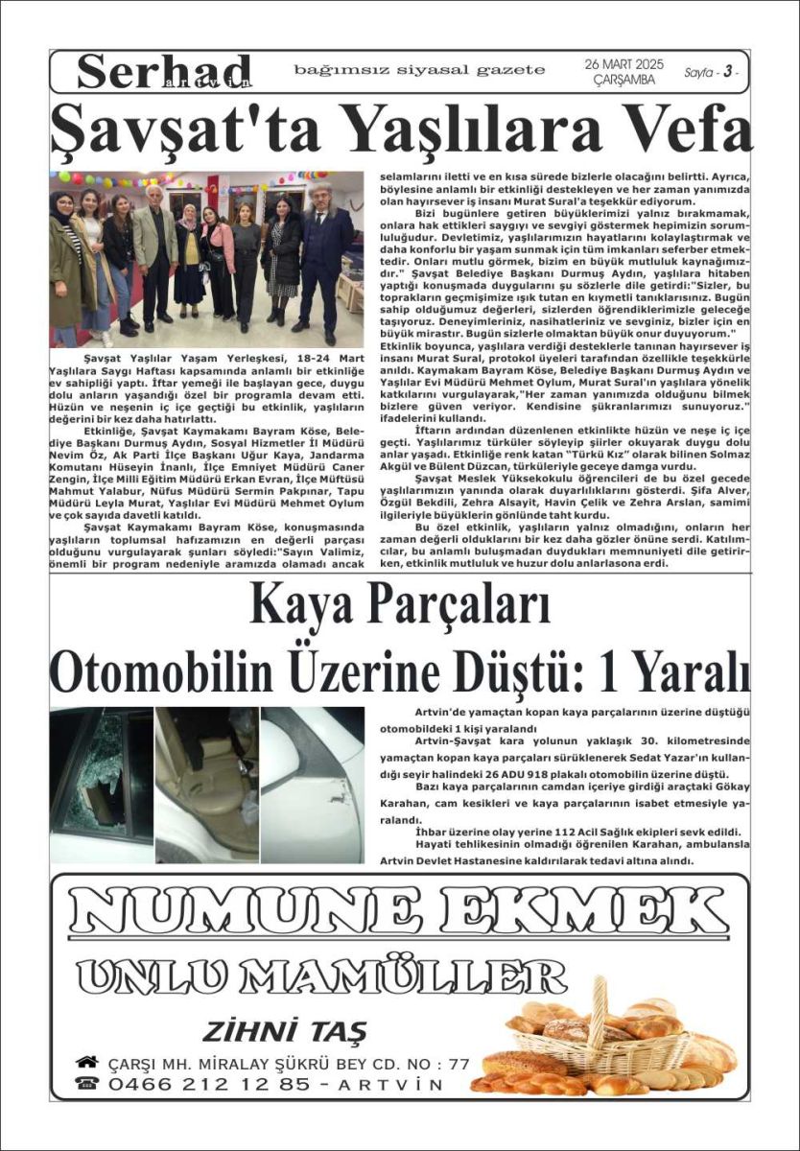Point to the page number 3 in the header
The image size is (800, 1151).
point(728,73)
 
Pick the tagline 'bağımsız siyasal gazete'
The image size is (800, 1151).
point(420,70)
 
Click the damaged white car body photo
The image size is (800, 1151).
point(312,785)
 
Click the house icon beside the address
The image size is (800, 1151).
point(87,1062)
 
